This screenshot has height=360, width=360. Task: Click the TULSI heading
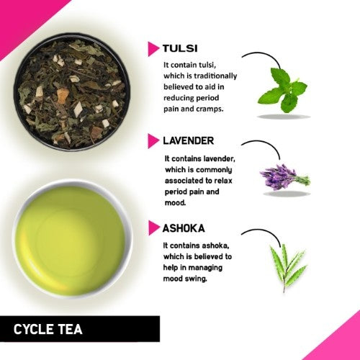coord(181,49)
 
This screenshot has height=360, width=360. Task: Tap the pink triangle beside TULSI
coord(153,49)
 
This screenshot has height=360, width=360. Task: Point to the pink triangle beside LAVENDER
coord(153,140)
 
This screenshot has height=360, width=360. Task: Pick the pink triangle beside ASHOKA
coord(153,228)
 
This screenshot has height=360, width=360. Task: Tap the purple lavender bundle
coord(283,176)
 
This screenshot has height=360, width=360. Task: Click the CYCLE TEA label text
coord(48,330)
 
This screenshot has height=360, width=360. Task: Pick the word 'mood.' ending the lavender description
coord(177,204)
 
